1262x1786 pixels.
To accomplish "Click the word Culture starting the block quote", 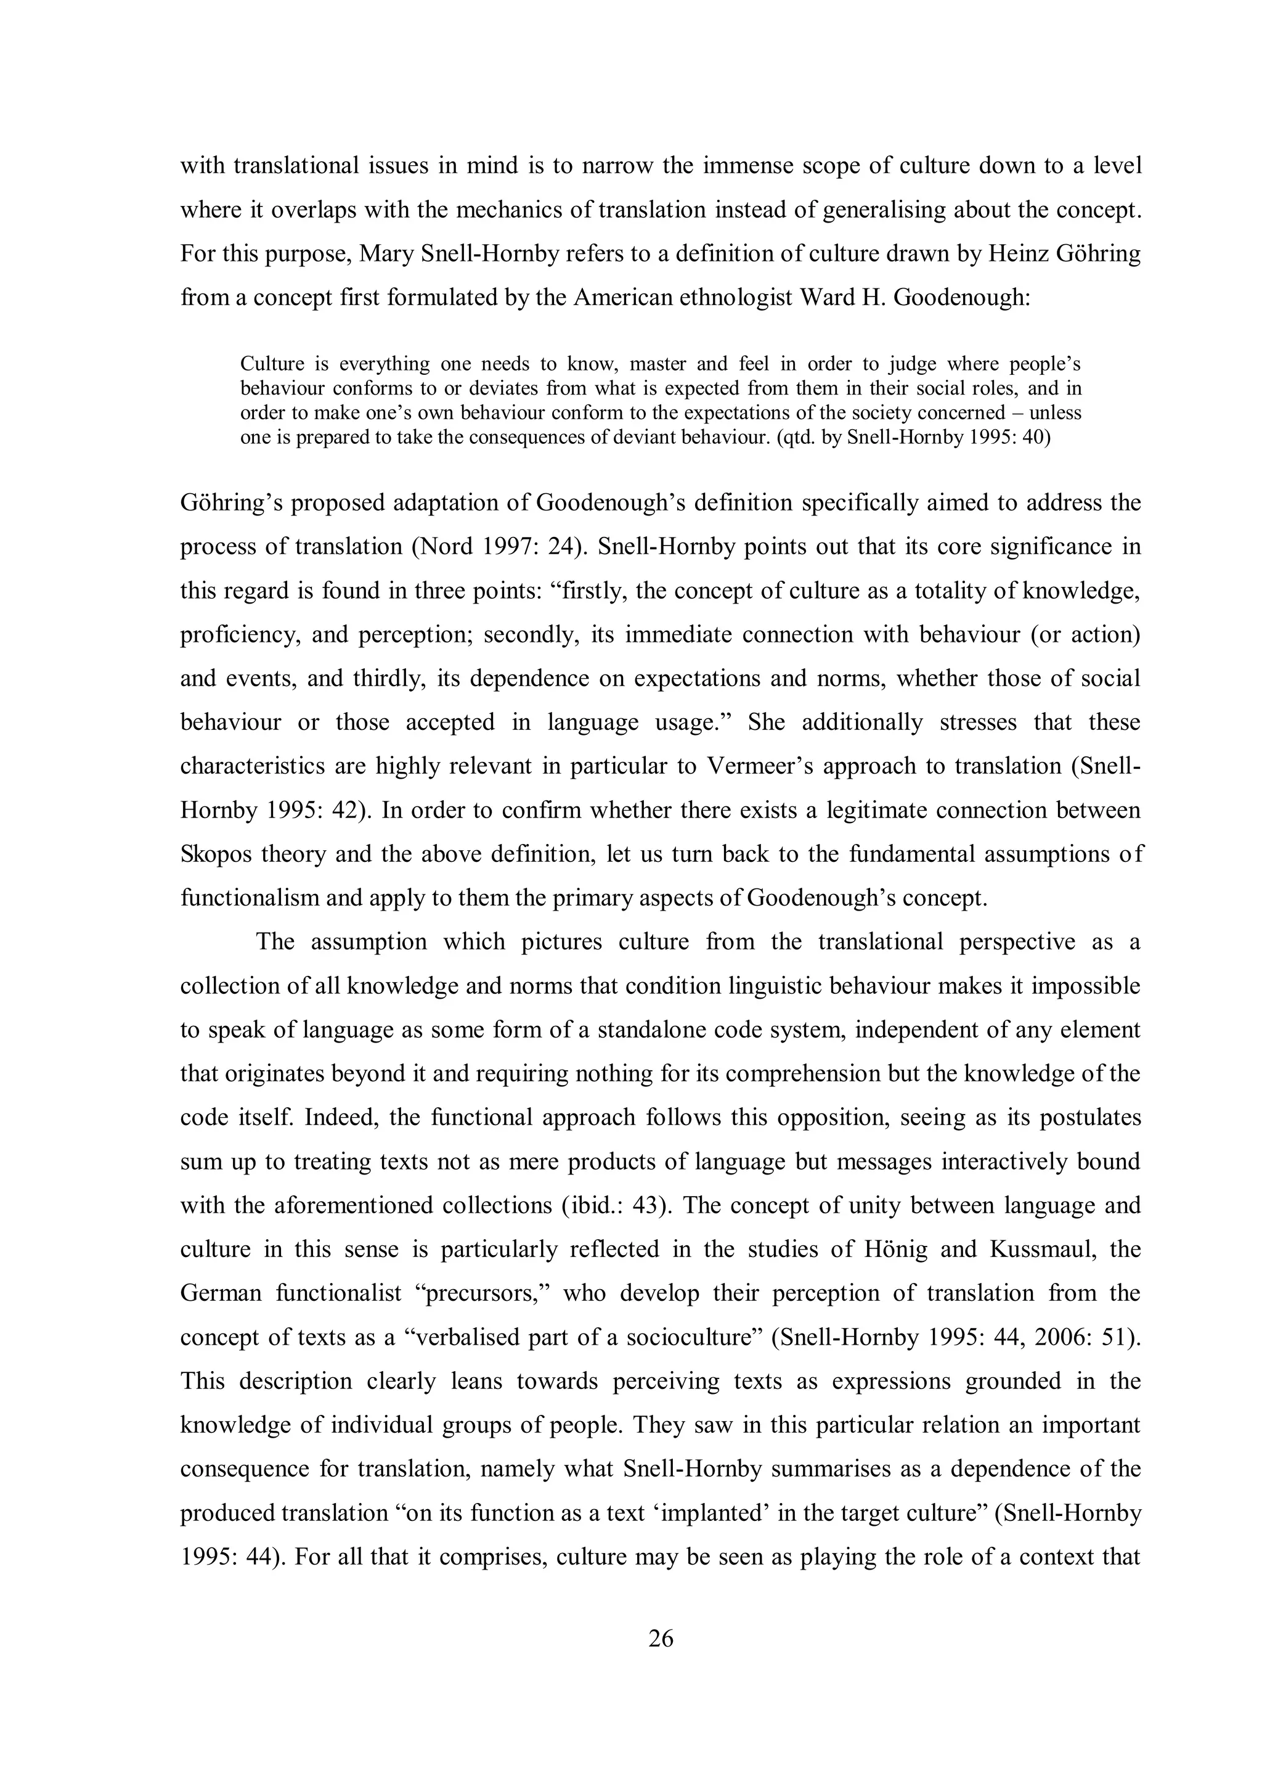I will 270,363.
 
